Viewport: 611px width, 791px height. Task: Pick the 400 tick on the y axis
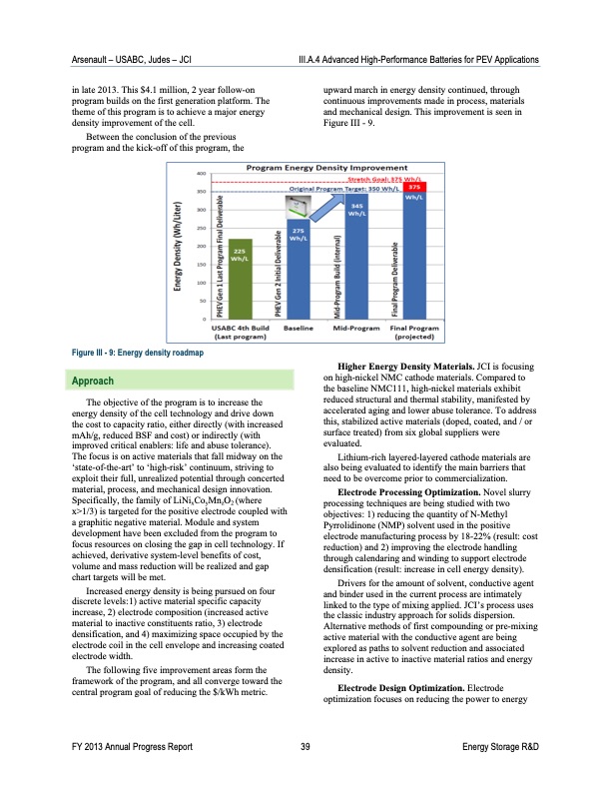click(201, 174)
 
